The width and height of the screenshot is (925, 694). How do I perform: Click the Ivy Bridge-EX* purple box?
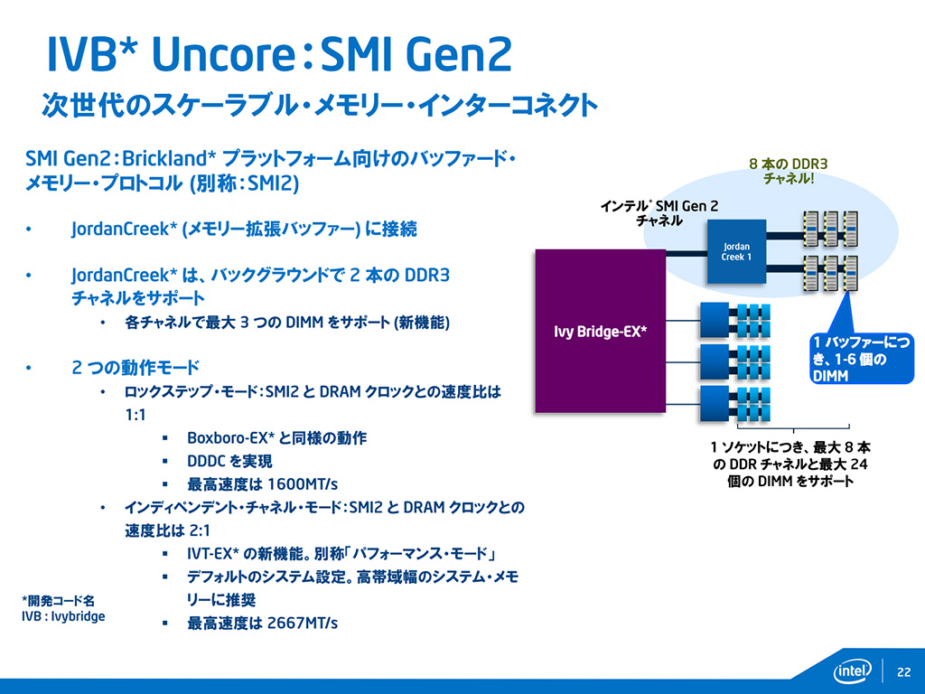point(602,331)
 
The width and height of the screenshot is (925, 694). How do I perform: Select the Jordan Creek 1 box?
point(735,250)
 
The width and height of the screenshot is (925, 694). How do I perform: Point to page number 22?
point(903,671)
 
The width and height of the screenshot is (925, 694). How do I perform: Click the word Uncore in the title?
point(222,56)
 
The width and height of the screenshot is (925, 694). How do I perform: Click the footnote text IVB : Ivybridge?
point(63,616)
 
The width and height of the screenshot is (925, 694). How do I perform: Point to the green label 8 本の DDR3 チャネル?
point(789,172)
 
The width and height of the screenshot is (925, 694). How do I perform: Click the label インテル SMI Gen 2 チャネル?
point(660,213)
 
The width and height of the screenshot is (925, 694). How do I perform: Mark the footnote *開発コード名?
point(58,599)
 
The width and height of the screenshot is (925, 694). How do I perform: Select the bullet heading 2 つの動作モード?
point(135,368)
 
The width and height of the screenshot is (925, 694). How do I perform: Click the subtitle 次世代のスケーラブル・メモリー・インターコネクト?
point(318,105)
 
